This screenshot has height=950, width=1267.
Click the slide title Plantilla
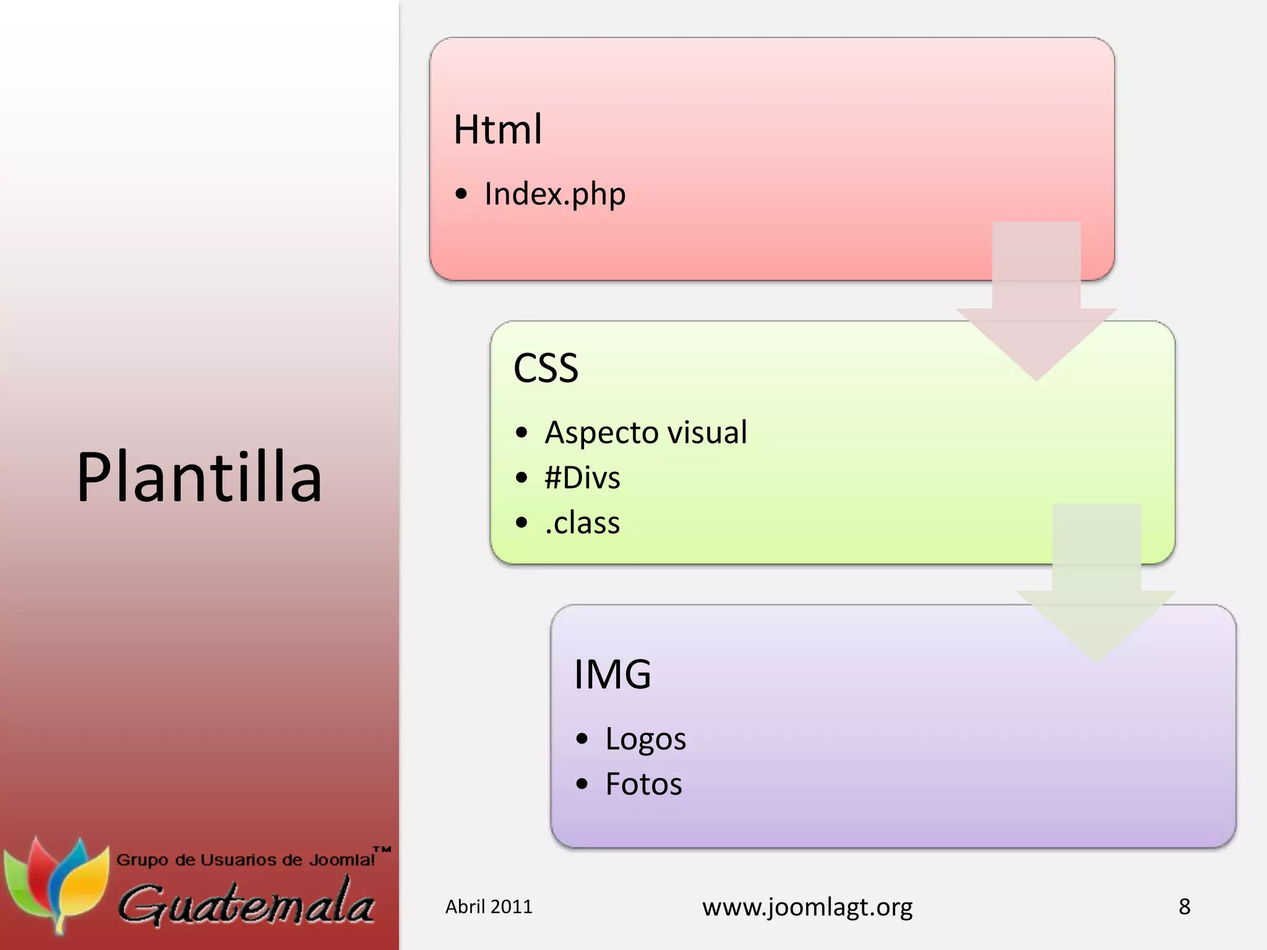(x=199, y=477)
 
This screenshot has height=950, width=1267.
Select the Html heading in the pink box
(x=498, y=130)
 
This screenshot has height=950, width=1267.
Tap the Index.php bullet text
(x=555, y=194)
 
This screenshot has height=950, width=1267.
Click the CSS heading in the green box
(x=546, y=368)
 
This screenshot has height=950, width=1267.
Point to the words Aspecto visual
(x=645, y=432)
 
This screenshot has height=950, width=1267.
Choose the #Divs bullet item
(x=582, y=478)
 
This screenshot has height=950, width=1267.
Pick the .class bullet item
(x=582, y=523)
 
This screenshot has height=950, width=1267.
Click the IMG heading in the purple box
(x=612, y=674)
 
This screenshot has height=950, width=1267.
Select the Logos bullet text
(x=645, y=739)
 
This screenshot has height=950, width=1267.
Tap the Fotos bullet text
(x=643, y=784)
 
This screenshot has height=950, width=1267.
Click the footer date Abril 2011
(x=489, y=907)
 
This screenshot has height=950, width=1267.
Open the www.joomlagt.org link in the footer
(x=807, y=907)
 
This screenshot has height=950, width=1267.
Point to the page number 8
(x=1184, y=907)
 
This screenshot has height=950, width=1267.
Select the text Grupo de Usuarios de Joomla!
(x=246, y=860)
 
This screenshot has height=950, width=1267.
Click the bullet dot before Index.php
(x=461, y=195)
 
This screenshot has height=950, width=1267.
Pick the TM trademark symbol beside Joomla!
(x=382, y=850)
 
